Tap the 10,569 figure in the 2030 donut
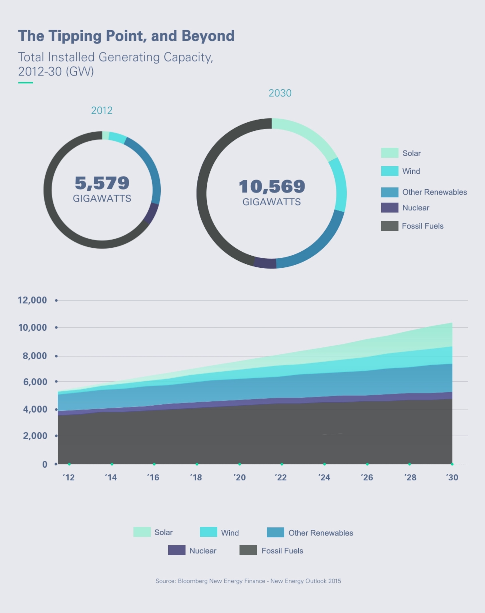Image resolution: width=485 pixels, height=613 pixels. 272,186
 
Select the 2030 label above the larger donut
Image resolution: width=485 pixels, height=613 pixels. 280,93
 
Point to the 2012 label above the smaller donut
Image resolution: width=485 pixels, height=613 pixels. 102,111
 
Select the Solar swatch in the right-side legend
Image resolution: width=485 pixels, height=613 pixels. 390,153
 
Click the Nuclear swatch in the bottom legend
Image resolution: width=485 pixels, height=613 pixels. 177,550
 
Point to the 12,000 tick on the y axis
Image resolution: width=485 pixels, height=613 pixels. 32,300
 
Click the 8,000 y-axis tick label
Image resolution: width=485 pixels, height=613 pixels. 35,356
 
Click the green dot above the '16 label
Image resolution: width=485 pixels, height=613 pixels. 154,464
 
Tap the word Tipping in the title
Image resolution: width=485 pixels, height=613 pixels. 74,36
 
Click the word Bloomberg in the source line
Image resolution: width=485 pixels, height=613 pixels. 193,581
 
